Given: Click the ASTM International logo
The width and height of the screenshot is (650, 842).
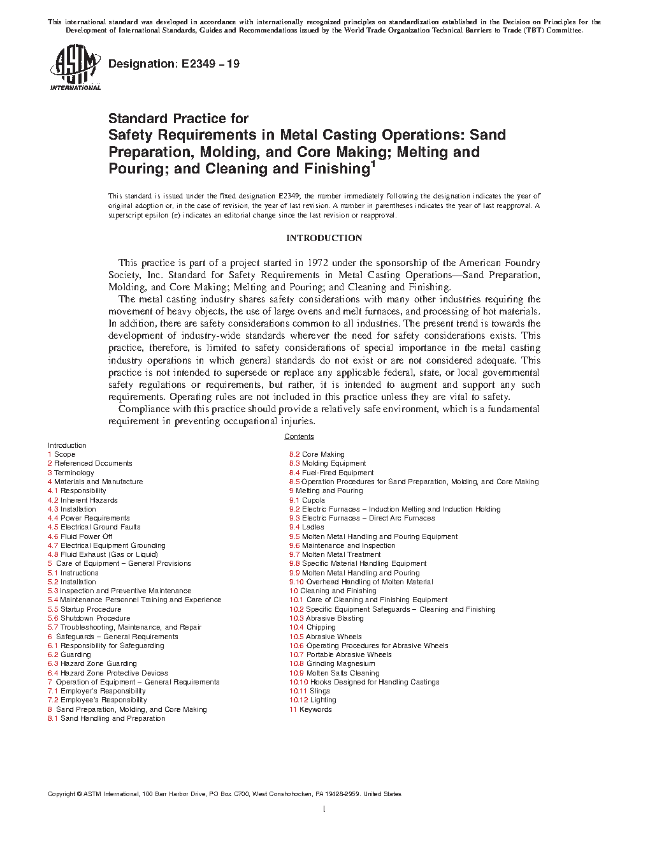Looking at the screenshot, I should [x=75, y=68].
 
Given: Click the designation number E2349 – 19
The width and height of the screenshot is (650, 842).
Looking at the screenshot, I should [x=174, y=64].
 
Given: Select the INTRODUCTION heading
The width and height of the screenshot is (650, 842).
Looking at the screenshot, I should [x=324, y=238].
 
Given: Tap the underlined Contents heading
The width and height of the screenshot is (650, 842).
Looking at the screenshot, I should [x=299, y=437].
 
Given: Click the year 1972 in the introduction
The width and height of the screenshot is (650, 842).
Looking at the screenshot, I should [x=318, y=263].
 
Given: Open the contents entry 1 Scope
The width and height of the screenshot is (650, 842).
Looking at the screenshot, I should [x=62, y=455].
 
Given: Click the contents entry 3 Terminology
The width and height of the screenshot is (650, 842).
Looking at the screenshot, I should [x=71, y=473].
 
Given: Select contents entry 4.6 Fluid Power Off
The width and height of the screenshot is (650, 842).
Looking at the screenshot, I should [x=80, y=536].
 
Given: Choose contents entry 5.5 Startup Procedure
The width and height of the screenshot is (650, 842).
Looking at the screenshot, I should [x=84, y=609].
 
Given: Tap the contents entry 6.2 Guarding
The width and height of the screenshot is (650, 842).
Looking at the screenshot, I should [x=69, y=654].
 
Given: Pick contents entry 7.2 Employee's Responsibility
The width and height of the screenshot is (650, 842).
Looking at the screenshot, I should [x=97, y=700].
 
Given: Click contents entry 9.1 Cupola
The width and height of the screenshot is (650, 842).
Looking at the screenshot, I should [x=307, y=500].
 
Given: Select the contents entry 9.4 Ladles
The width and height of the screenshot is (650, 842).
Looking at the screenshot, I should [x=307, y=528].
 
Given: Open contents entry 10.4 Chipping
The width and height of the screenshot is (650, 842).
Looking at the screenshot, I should [x=312, y=627].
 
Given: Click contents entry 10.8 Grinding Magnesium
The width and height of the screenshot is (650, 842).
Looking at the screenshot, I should [x=332, y=663].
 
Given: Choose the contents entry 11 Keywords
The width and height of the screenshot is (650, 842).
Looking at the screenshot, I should [x=310, y=709].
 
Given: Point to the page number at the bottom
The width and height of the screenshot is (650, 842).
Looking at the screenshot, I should [x=324, y=809].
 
